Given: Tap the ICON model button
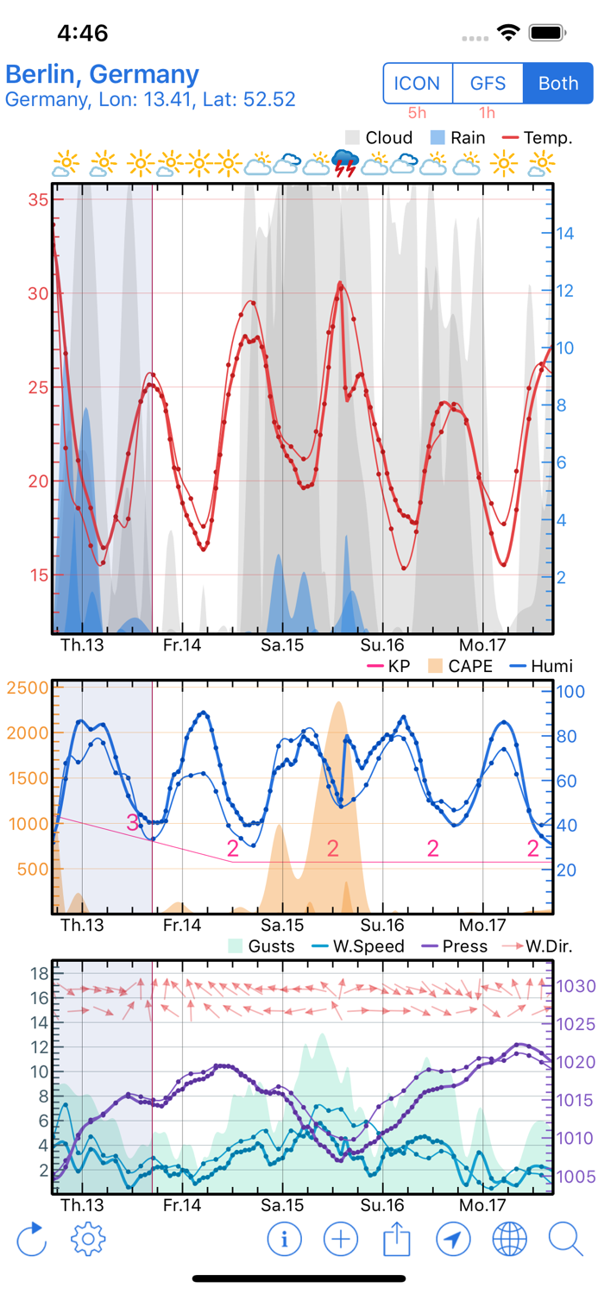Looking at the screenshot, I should [x=418, y=84].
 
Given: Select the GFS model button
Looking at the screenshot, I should [x=488, y=84].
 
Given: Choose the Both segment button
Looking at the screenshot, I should [x=558, y=84].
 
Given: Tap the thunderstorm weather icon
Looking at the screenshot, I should [x=346, y=162].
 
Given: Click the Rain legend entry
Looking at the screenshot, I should [x=456, y=138].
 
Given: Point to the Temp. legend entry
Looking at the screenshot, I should [x=537, y=138].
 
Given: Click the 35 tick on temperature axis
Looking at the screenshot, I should [x=38, y=200].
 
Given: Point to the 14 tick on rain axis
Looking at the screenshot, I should [x=566, y=233].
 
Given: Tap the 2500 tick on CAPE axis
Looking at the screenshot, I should [x=28, y=688].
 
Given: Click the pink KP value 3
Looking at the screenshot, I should [x=132, y=822].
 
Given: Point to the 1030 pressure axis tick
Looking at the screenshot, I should [x=576, y=986].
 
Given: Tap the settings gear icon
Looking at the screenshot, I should [x=88, y=1240].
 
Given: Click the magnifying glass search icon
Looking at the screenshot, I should [x=566, y=1240].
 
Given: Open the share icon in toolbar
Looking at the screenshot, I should [x=396, y=1240].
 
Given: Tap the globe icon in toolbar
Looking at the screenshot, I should [x=509, y=1240].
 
